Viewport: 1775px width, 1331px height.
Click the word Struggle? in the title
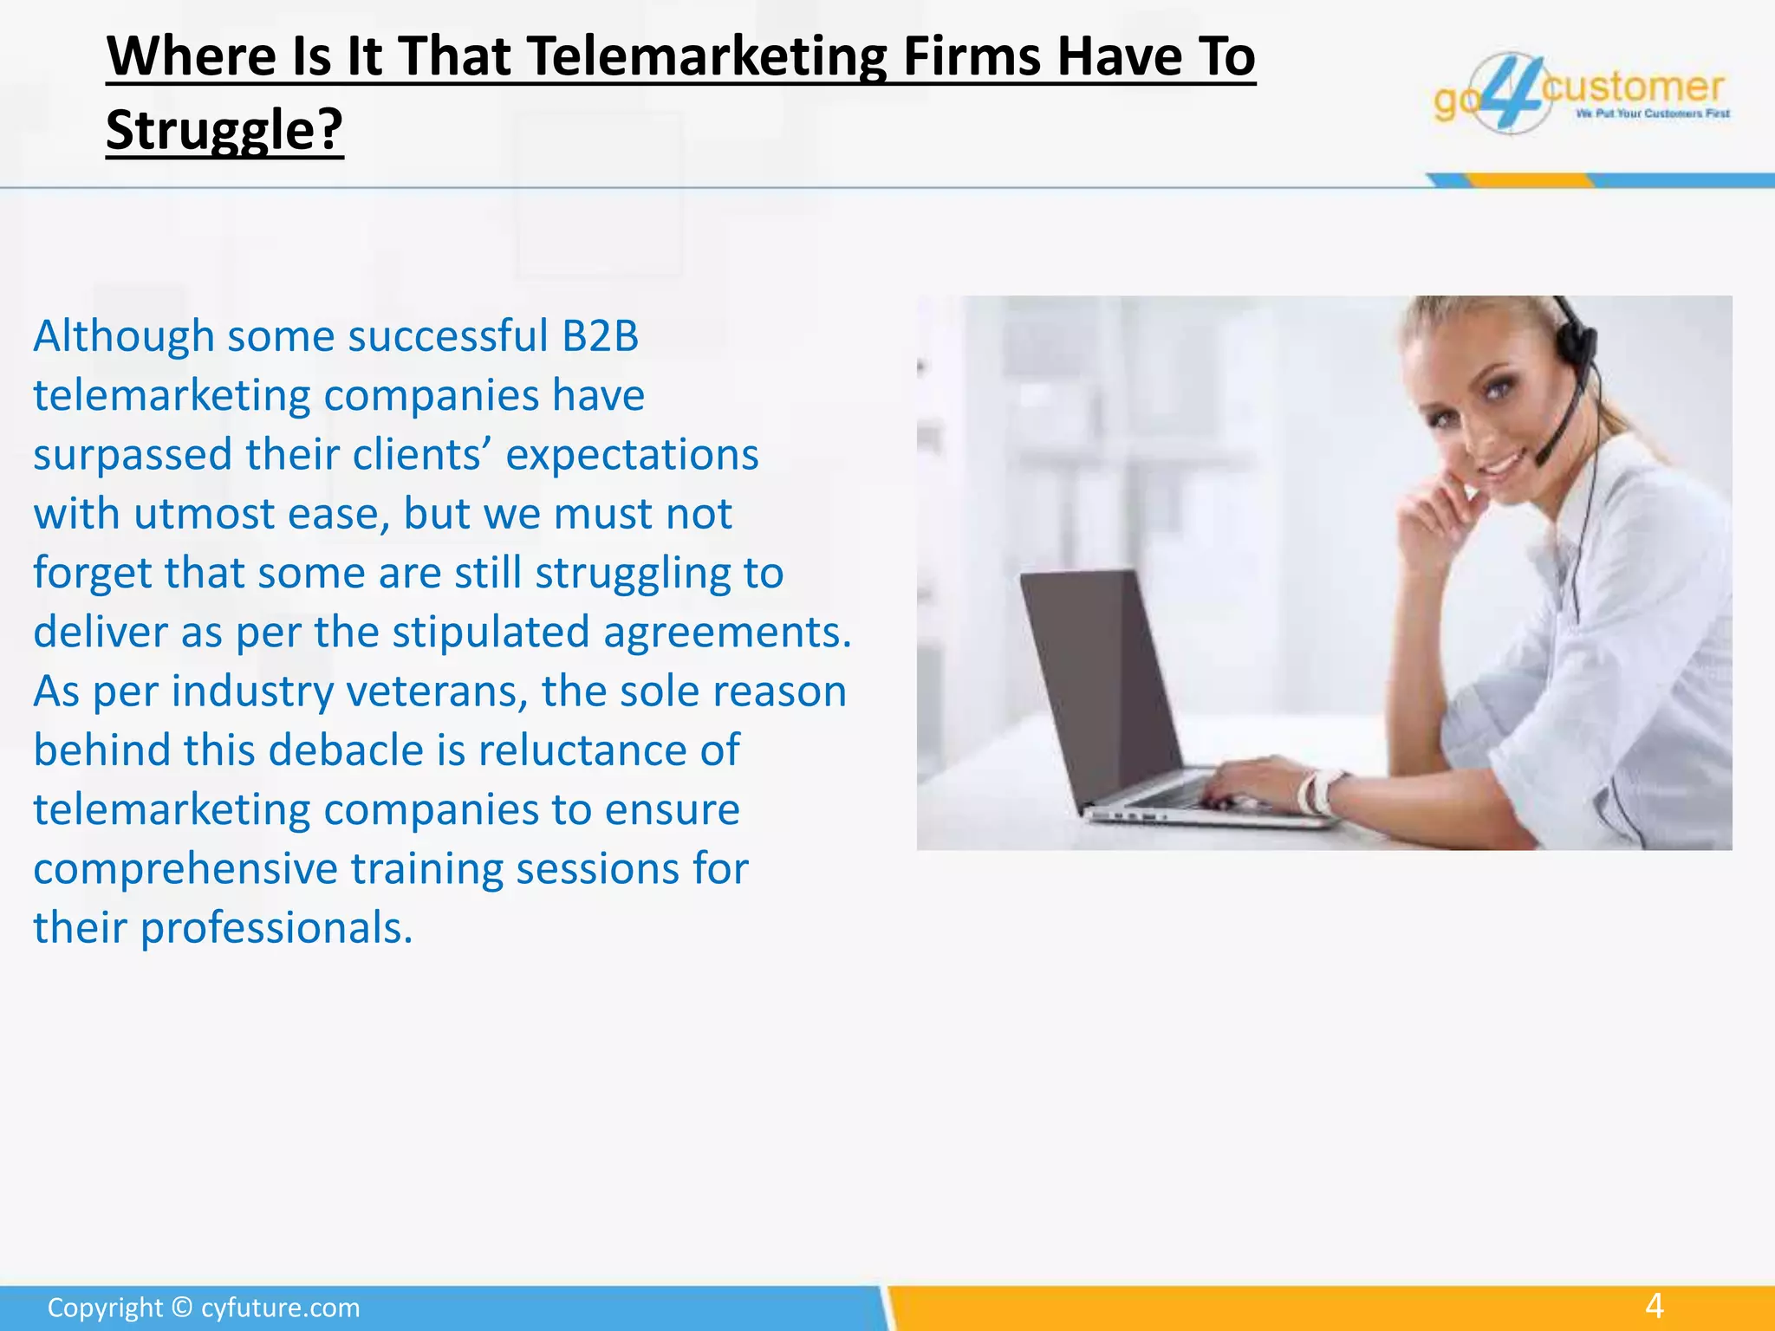pos(224,130)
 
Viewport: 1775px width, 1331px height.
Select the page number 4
pos(1655,1306)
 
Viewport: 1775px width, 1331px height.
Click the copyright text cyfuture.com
pos(280,1308)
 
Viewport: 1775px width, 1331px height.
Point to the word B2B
pos(600,336)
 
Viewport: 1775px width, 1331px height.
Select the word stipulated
pos(491,633)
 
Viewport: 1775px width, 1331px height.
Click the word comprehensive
pos(185,869)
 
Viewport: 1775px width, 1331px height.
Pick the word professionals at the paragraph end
pos(276,928)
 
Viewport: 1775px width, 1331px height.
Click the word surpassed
pos(133,455)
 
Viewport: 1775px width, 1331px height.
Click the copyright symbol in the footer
pos(181,1308)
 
